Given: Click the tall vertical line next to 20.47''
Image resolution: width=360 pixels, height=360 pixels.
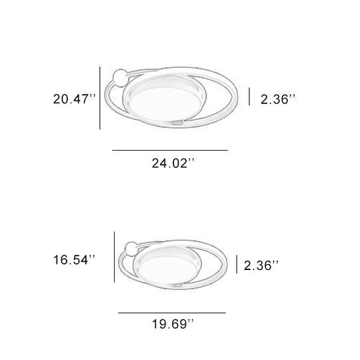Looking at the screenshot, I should tap(100, 99).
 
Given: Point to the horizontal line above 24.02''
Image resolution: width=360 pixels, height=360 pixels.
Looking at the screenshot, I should tap(170, 151).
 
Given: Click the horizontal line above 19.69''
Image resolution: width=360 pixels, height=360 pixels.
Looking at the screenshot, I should tap(172, 313).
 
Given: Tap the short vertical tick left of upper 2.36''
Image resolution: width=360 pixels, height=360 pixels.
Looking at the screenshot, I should tap(249, 97).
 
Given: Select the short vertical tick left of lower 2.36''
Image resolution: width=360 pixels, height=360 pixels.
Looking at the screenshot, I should tap(237, 264).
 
